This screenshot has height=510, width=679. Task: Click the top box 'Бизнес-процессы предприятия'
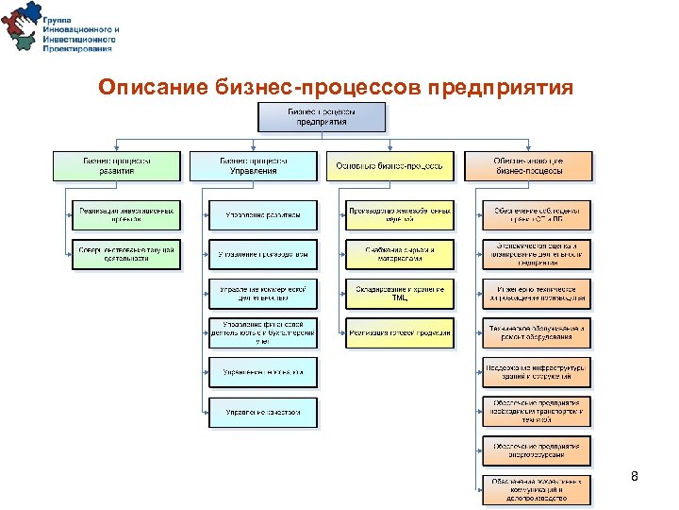tap(322, 116)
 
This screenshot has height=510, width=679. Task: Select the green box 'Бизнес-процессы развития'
tap(115, 165)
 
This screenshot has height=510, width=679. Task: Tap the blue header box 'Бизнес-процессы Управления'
tap(253, 165)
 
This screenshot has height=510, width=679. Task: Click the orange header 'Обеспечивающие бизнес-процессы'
tap(529, 165)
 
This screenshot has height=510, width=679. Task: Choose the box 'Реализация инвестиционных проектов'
tap(125, 215)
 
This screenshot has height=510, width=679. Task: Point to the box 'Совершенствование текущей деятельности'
tap(125, 254)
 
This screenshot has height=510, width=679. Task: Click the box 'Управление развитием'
tap(263, 215)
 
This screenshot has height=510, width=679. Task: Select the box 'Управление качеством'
tap(263, 412)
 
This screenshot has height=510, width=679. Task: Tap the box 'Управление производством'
tap(263, 254)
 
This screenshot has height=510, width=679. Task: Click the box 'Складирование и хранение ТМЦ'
tap(399, 293)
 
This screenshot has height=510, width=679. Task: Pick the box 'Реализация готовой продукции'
tap(399, 332)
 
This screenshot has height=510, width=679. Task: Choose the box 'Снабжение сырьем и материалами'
tap(399, 254)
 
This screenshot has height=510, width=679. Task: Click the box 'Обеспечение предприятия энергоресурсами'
tap(538, 450)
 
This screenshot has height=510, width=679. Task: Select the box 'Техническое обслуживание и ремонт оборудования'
tap(538, 332)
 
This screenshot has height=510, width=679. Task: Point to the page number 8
tap(635, 477)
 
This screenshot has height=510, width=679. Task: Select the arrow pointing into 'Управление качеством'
tap(205, 412)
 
